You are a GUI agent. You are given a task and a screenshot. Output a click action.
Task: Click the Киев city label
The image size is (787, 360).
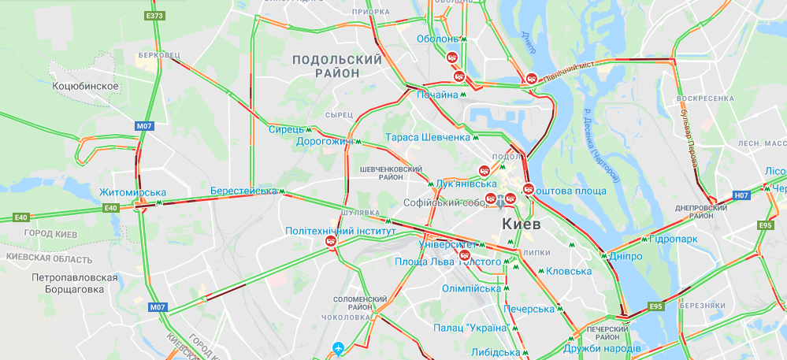[x=521, y=224]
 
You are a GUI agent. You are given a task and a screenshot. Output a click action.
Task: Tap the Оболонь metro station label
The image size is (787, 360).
[x=437, y=39]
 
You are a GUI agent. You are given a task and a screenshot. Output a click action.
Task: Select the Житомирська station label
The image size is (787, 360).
[x=132, y=193]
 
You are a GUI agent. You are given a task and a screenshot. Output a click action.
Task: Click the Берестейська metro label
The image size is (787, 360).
[x=244, y=191]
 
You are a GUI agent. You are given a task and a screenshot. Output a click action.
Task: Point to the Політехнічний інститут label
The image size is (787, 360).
[x=339, y=231]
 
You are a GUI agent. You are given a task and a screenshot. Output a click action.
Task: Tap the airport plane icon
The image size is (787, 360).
[x=338, y=347]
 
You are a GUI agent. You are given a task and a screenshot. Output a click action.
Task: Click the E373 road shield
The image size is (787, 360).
[x=154, y=16]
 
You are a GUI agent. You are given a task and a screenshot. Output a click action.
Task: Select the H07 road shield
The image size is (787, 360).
[x=741, y=195]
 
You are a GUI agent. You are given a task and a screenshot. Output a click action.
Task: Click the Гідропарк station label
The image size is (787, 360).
[x=674, y=237]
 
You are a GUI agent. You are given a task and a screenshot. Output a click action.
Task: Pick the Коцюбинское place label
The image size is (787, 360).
[x=84, y=86]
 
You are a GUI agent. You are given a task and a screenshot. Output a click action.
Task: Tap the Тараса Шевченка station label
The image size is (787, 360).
[x=428, y=137]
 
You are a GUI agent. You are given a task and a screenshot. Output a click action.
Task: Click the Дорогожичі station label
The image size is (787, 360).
[x=324, y=142]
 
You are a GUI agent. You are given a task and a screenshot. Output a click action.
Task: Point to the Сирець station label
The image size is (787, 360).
[x=284, y=129]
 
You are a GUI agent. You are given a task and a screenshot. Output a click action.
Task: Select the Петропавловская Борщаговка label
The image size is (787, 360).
[x=75, y=284]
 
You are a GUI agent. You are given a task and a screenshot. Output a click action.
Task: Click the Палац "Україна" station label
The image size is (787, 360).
[x=469, y=328]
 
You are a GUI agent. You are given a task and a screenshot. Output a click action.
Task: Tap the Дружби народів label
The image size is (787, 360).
[x=602, y=347]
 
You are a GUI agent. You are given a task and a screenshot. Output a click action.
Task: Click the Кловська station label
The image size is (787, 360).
[x=568, y=271]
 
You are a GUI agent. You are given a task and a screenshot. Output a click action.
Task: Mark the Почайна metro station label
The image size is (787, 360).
[x=437, y=95]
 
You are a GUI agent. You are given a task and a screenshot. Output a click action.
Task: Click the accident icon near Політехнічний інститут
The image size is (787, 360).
[x=331, y=243]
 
